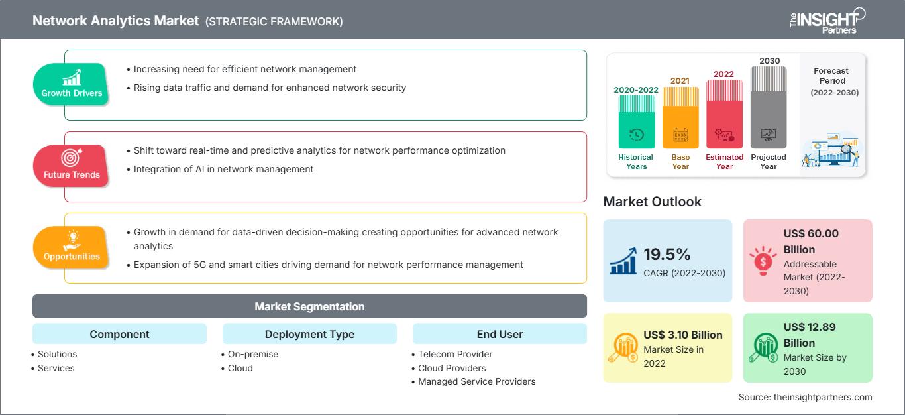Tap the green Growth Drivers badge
pyautogui.click(x=72, y=84)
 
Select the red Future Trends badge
pyautogui.click(x=70, y=165)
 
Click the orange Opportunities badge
pyautogui.click(x=71, y=247)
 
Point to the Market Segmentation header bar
pyautogui.click(x=309, y=306)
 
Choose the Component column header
pyautogui.click(x=119, y=334)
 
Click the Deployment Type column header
pyautogui.click(x=309, y=334)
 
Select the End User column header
pyautogui.click(x=500, y=334)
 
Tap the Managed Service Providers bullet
pyautogui.click(x=476, y=381)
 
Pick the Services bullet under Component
pyautogui.click(x=56, y=368)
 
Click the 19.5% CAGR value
pyautogui.click(x=666, y=255)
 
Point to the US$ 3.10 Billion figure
pyautogui.click(x=682, y=335)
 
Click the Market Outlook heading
pyautogui.click(x=652, y=202)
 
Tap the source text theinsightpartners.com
pyautogui.click(x=805, y=397)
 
